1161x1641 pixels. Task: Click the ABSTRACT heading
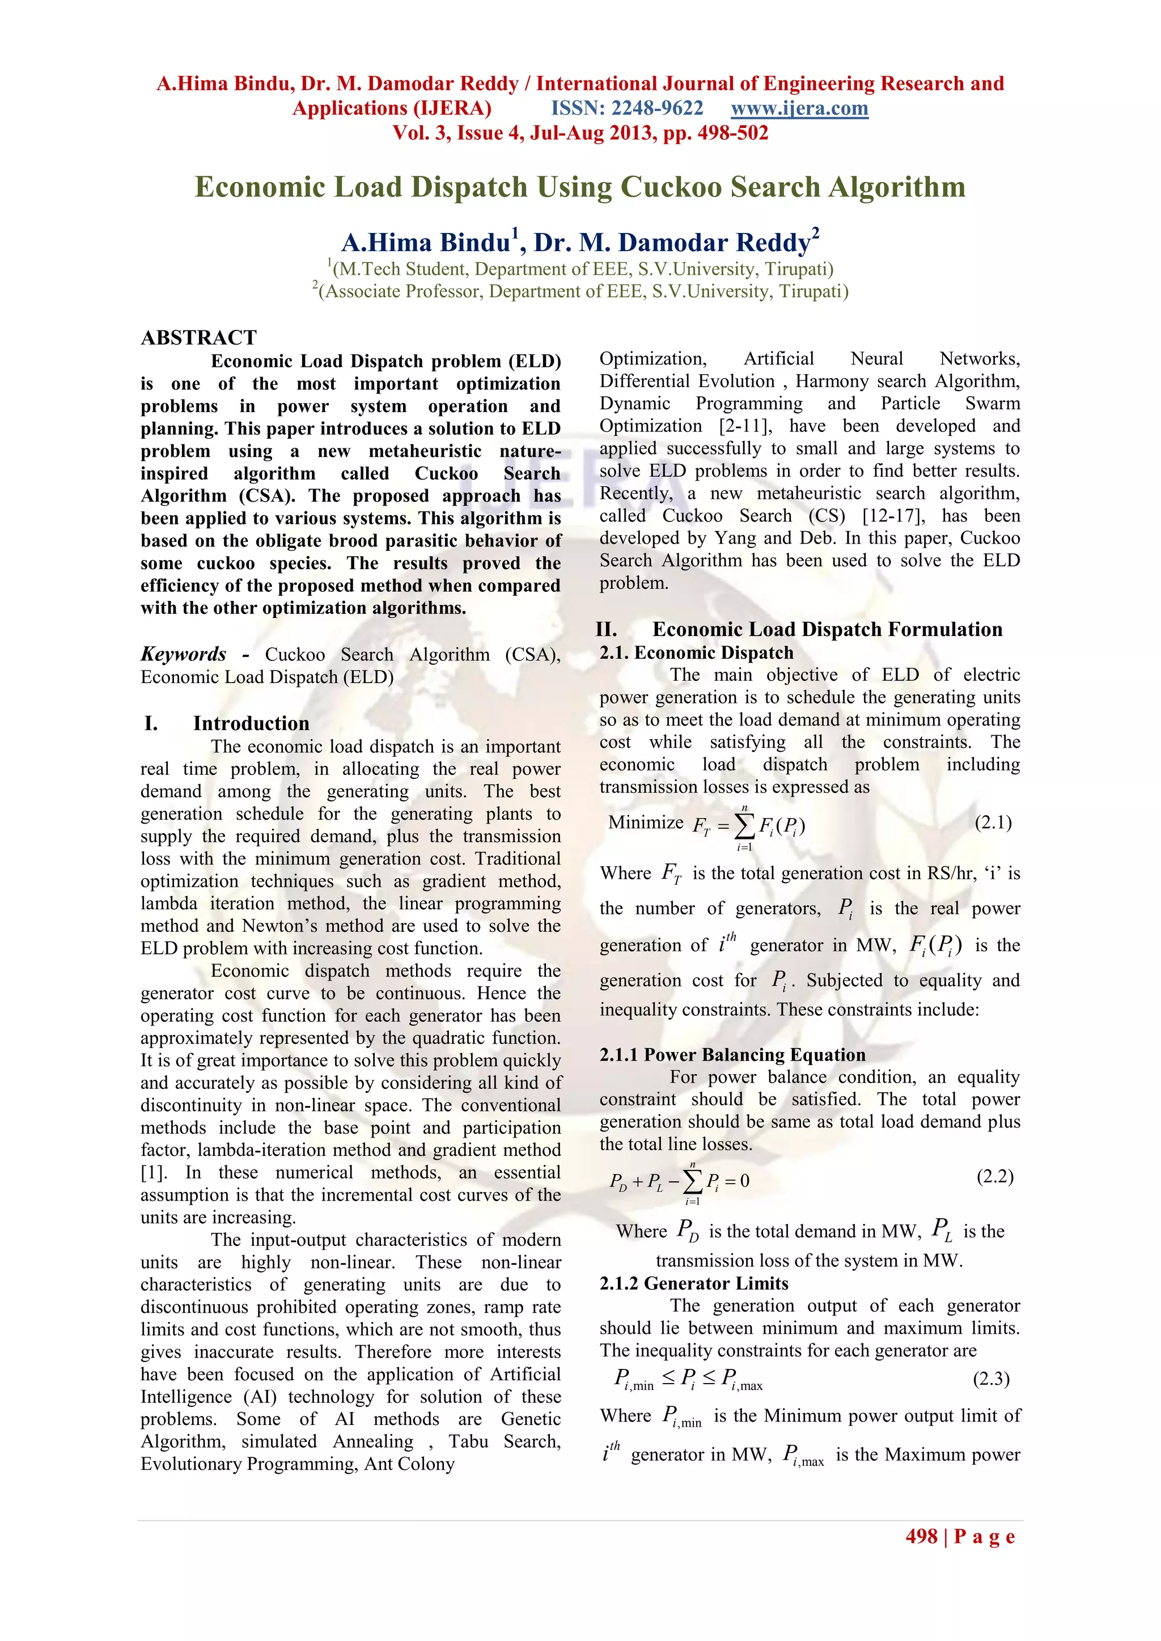199,337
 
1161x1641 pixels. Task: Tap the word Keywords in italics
184,654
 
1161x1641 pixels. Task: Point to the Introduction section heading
251,723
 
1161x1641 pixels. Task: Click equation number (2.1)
993,822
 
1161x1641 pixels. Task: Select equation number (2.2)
995,1176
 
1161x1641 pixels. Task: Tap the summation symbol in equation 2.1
744,826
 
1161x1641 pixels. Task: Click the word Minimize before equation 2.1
646,822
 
